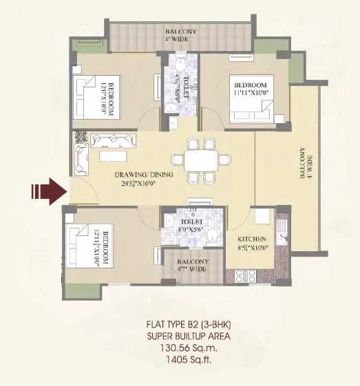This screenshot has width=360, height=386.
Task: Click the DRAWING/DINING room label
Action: click(144, 174)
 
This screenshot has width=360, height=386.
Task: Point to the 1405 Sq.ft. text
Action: click(187, 369)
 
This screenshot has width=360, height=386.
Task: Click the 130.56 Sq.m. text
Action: click(187, 358)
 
